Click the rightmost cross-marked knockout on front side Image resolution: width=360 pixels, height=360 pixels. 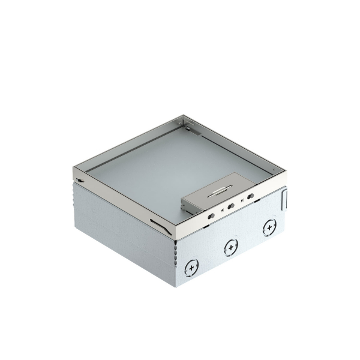click(268, 227)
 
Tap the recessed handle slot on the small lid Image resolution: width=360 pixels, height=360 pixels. click(214, 193)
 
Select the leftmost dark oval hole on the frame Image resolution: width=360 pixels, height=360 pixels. click(211, 214)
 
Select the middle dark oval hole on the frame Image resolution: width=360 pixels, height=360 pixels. click(230, 206)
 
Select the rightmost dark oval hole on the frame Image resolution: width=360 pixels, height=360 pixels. click(249, 197)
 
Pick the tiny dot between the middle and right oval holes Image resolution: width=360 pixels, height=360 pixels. click(241, 202)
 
